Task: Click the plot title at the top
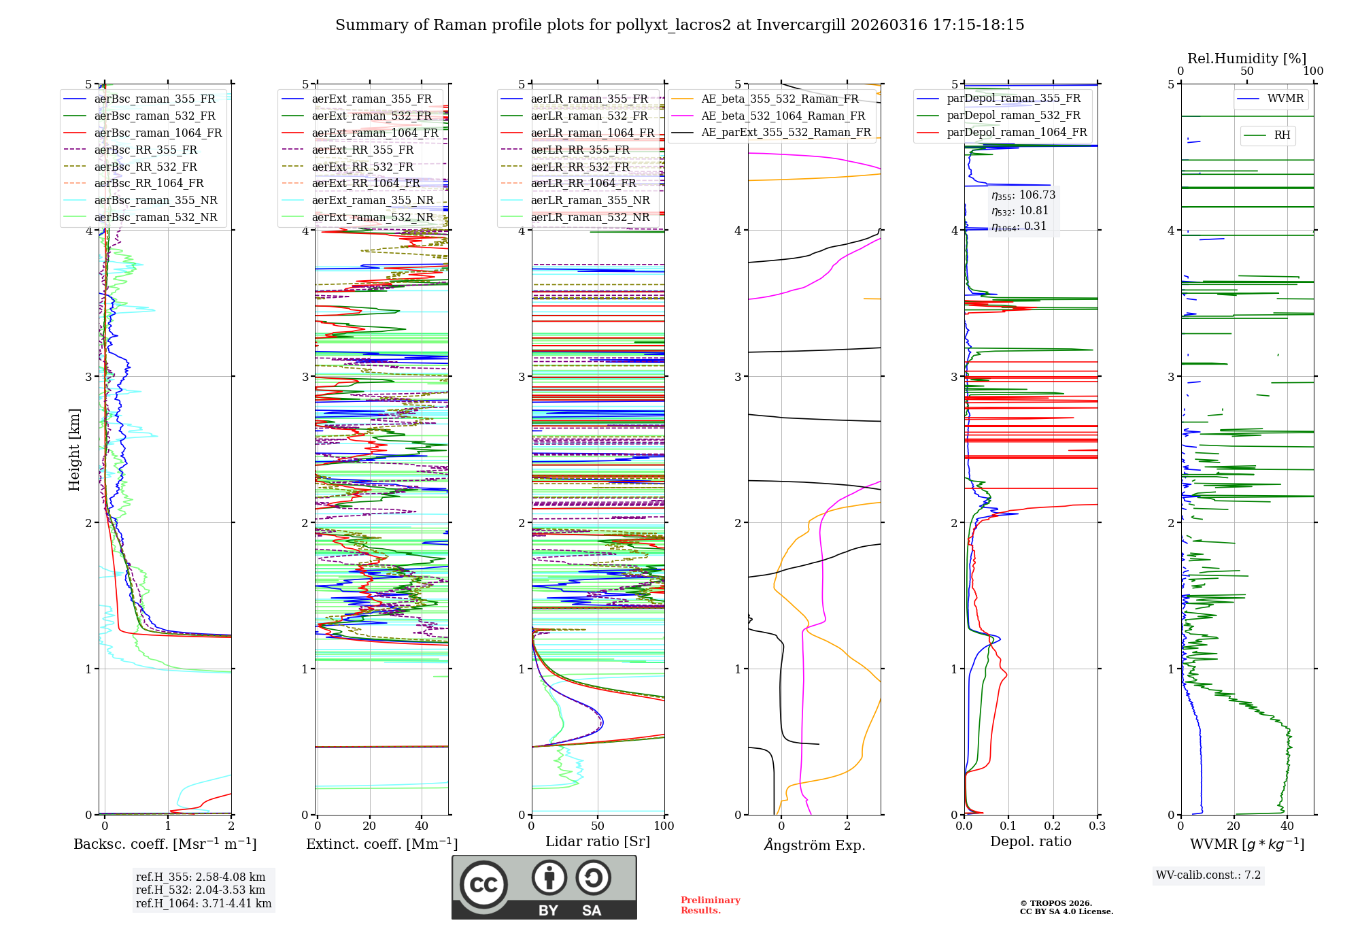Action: pos(679,25)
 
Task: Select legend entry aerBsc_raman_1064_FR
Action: pos(158,133)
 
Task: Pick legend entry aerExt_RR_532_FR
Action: pos(362,167)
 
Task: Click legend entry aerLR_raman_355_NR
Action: pos(590,200)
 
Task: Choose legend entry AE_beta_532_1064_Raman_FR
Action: pos(783,116)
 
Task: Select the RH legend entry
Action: pos(1282,135)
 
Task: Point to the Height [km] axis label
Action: pos(74,450)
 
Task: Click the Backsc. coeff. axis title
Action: pos(165,844)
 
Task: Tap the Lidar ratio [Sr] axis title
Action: pos(598,841)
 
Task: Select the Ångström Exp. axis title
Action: pos(815,845)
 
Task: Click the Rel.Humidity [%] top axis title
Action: pos(1246,58)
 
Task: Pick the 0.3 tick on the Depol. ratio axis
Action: pos(1097,826)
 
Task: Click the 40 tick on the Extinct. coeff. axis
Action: pos(422,826)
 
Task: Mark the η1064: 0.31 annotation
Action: pos(1019,226)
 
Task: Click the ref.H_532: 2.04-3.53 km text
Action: pos(201,890)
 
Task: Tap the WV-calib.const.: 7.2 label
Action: pos(1208,875)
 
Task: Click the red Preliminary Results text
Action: pos(710,905)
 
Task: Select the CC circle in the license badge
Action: pos(483,885)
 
